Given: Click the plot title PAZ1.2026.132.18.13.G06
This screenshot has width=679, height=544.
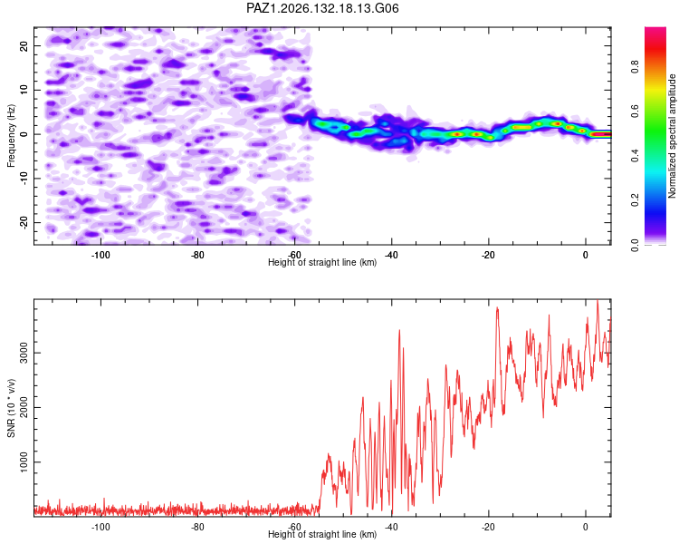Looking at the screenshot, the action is [x=322, y=8].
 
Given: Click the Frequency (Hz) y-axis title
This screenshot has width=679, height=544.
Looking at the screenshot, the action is [x=11, y=136].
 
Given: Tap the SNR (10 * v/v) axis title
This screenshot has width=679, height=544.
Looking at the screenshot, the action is [x=11, y=408].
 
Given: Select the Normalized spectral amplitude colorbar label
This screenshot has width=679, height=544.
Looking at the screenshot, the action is [x=672, y=136].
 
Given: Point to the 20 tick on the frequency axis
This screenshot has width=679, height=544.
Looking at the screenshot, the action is [x=24, y=45].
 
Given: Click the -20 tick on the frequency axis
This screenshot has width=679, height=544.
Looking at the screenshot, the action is [x=24, y=222].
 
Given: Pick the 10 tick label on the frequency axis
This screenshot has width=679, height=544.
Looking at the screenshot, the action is [x=24, y=90].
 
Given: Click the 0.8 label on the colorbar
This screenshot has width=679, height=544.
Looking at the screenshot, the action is [x=635, y=67].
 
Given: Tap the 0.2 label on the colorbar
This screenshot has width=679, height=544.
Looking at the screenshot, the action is [x=635, y=200].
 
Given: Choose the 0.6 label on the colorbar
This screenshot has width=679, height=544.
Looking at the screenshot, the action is [x=635, y=112].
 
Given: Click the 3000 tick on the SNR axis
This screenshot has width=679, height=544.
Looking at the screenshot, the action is [x=24, y=353].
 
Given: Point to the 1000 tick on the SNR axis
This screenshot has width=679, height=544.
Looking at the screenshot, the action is [x=24, y=462].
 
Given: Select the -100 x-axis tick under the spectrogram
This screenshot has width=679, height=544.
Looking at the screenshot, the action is [x=100, y=255].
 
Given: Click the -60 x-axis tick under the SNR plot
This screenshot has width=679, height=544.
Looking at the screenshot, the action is [x=294, y=527].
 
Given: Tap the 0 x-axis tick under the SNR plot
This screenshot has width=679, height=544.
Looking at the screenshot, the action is [x=586, y=527].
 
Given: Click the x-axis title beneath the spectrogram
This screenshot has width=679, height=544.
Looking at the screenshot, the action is [x=322, y=262].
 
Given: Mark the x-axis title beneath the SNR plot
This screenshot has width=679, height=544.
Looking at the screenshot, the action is [x=322, y=534].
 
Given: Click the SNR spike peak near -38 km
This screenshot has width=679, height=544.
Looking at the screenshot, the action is [x=399, y=330].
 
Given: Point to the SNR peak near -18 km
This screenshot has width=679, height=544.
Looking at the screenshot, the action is [x=497, y=307].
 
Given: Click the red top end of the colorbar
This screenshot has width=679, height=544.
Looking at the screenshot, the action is [x=655, y=29].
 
